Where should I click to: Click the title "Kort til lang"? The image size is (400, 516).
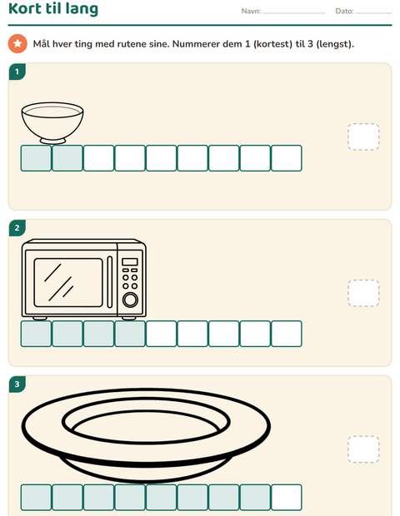pos(53,8)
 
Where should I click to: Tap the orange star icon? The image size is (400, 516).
pos(17,43)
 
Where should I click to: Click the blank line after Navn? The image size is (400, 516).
pos(294,13)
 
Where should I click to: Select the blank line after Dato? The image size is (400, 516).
pos(373,13)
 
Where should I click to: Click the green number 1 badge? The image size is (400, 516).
pos(17,72)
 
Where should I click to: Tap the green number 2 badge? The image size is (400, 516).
pos(17,228)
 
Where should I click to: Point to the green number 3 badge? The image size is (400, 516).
pos(17,384)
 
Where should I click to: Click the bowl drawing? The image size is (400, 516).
pos(52,123)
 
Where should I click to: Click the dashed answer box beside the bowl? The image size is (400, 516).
pos(363,136)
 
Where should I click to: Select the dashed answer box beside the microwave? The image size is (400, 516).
pos(363,293)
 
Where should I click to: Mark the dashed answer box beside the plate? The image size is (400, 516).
pos(363,449)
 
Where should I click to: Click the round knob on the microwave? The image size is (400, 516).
pos(130,300)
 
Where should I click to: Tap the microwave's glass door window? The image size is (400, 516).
pos(68,283)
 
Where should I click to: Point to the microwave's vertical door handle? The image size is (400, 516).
pos(110,282)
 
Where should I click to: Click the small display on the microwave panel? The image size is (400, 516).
pos(130,262)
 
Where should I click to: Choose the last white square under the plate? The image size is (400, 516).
pos(287,497)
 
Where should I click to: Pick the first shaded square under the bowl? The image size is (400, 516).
pos(36,158)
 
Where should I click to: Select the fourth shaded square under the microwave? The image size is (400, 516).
pos(130,334)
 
